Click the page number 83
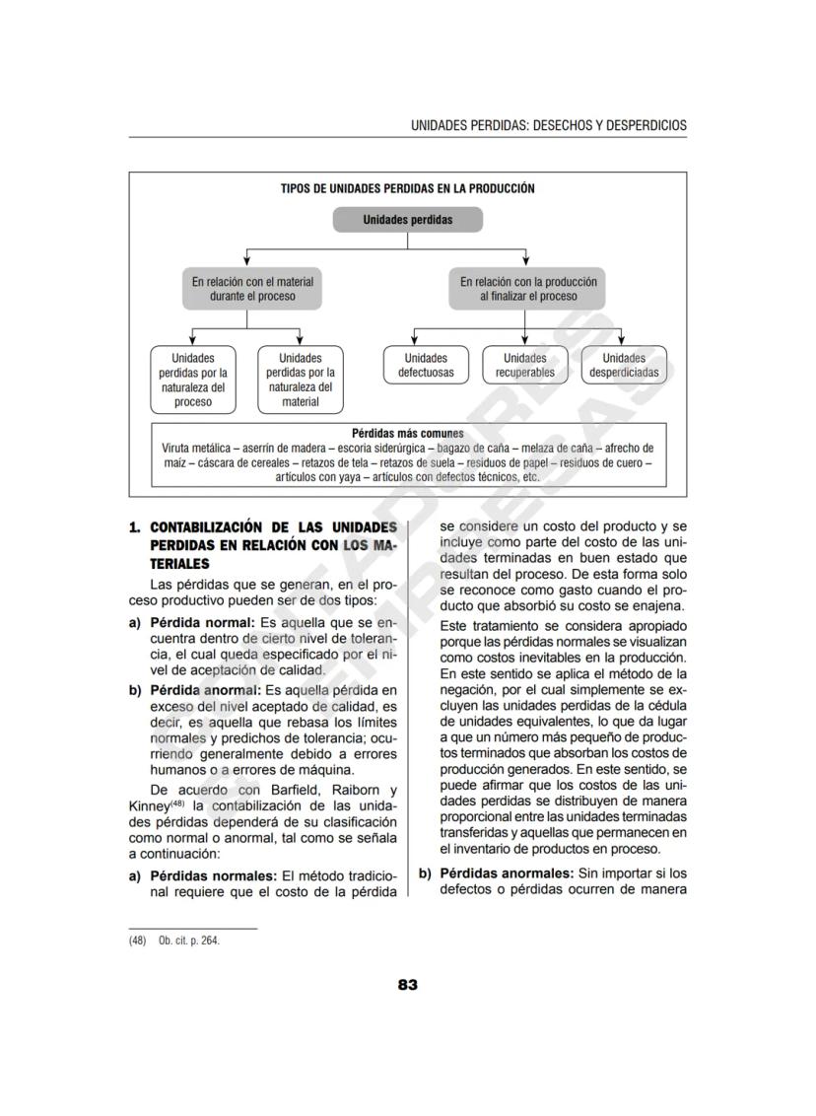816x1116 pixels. pyautogui.click(x=407, y=984)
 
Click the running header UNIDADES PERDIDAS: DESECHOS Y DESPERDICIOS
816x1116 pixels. pyautogui.click(x=548, y=125)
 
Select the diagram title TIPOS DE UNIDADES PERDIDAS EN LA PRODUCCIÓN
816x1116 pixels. pyautogui.click(x=408, y=188)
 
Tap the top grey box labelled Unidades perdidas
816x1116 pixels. pyautogui.click(x=408, y=220)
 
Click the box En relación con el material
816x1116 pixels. pyautogui.click(x=252, y=288)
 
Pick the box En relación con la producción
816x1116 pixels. pyautogui.click(x=528, y=288)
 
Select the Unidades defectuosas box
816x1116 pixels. pyautogui.click(x=426, y=366)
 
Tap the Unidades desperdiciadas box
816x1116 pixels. pyautogui.click(x=624, y=366)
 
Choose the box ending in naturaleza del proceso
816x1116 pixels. pyautogui.click(x=193, y=380)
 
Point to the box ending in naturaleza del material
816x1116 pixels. pyautogui.click(x=301, y=380)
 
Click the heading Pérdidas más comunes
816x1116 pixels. pyautogui.click(x=408, y=433)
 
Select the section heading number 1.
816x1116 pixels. pyautogui.click(x=134, y=527)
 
